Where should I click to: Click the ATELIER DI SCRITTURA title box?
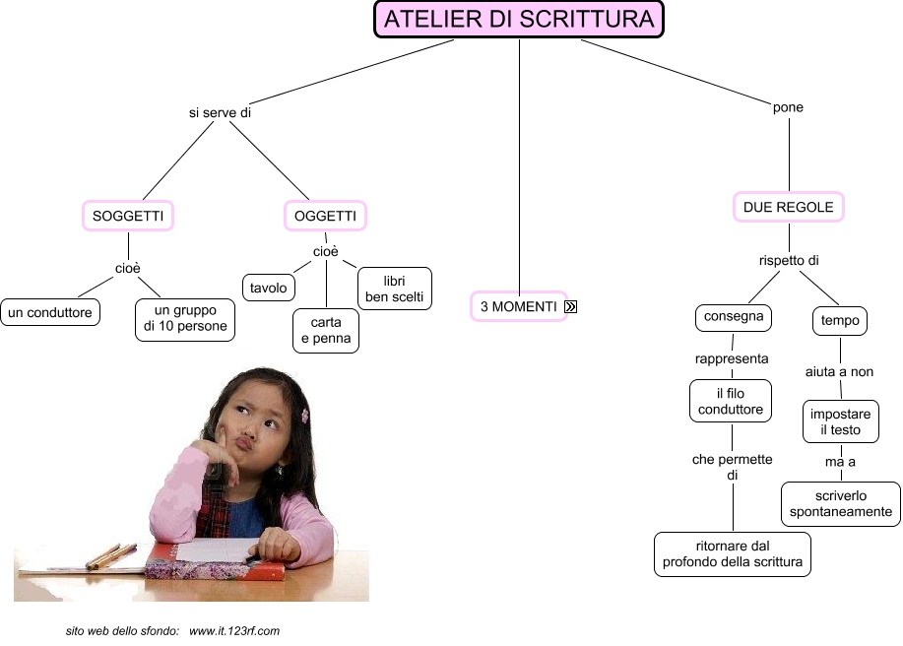(519, 20)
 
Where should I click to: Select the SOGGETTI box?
(127, 216)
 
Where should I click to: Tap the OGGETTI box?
(325, 216)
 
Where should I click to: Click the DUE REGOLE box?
(789, 207)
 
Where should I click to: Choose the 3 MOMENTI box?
(518, 307)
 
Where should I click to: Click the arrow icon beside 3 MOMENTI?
(571, 307)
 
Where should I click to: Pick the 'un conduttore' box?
(50, 313)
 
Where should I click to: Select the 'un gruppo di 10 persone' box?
(185, 319)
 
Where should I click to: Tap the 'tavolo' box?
(269, 288)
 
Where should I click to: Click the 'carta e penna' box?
(326, 331)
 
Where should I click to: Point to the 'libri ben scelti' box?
(394, 289)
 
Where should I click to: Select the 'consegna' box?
(733, 318)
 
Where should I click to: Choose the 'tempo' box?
(840, 320)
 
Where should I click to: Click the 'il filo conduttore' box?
(732, 402)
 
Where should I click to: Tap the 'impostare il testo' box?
(840, 422)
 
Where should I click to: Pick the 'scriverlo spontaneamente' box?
(841, 503)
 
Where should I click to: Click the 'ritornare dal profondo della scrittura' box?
(733, 554)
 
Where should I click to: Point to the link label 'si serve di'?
(221, 113)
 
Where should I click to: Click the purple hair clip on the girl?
(305, 416)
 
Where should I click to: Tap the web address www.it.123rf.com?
(235, 630)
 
